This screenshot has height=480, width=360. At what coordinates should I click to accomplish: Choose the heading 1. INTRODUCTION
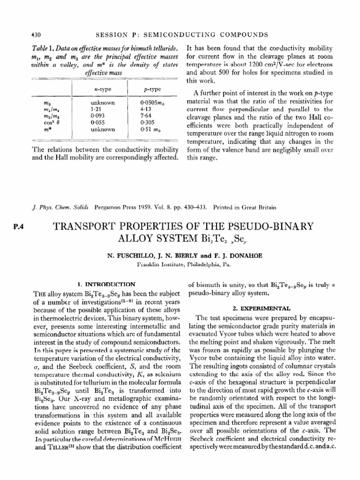click(x=106, y=284)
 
